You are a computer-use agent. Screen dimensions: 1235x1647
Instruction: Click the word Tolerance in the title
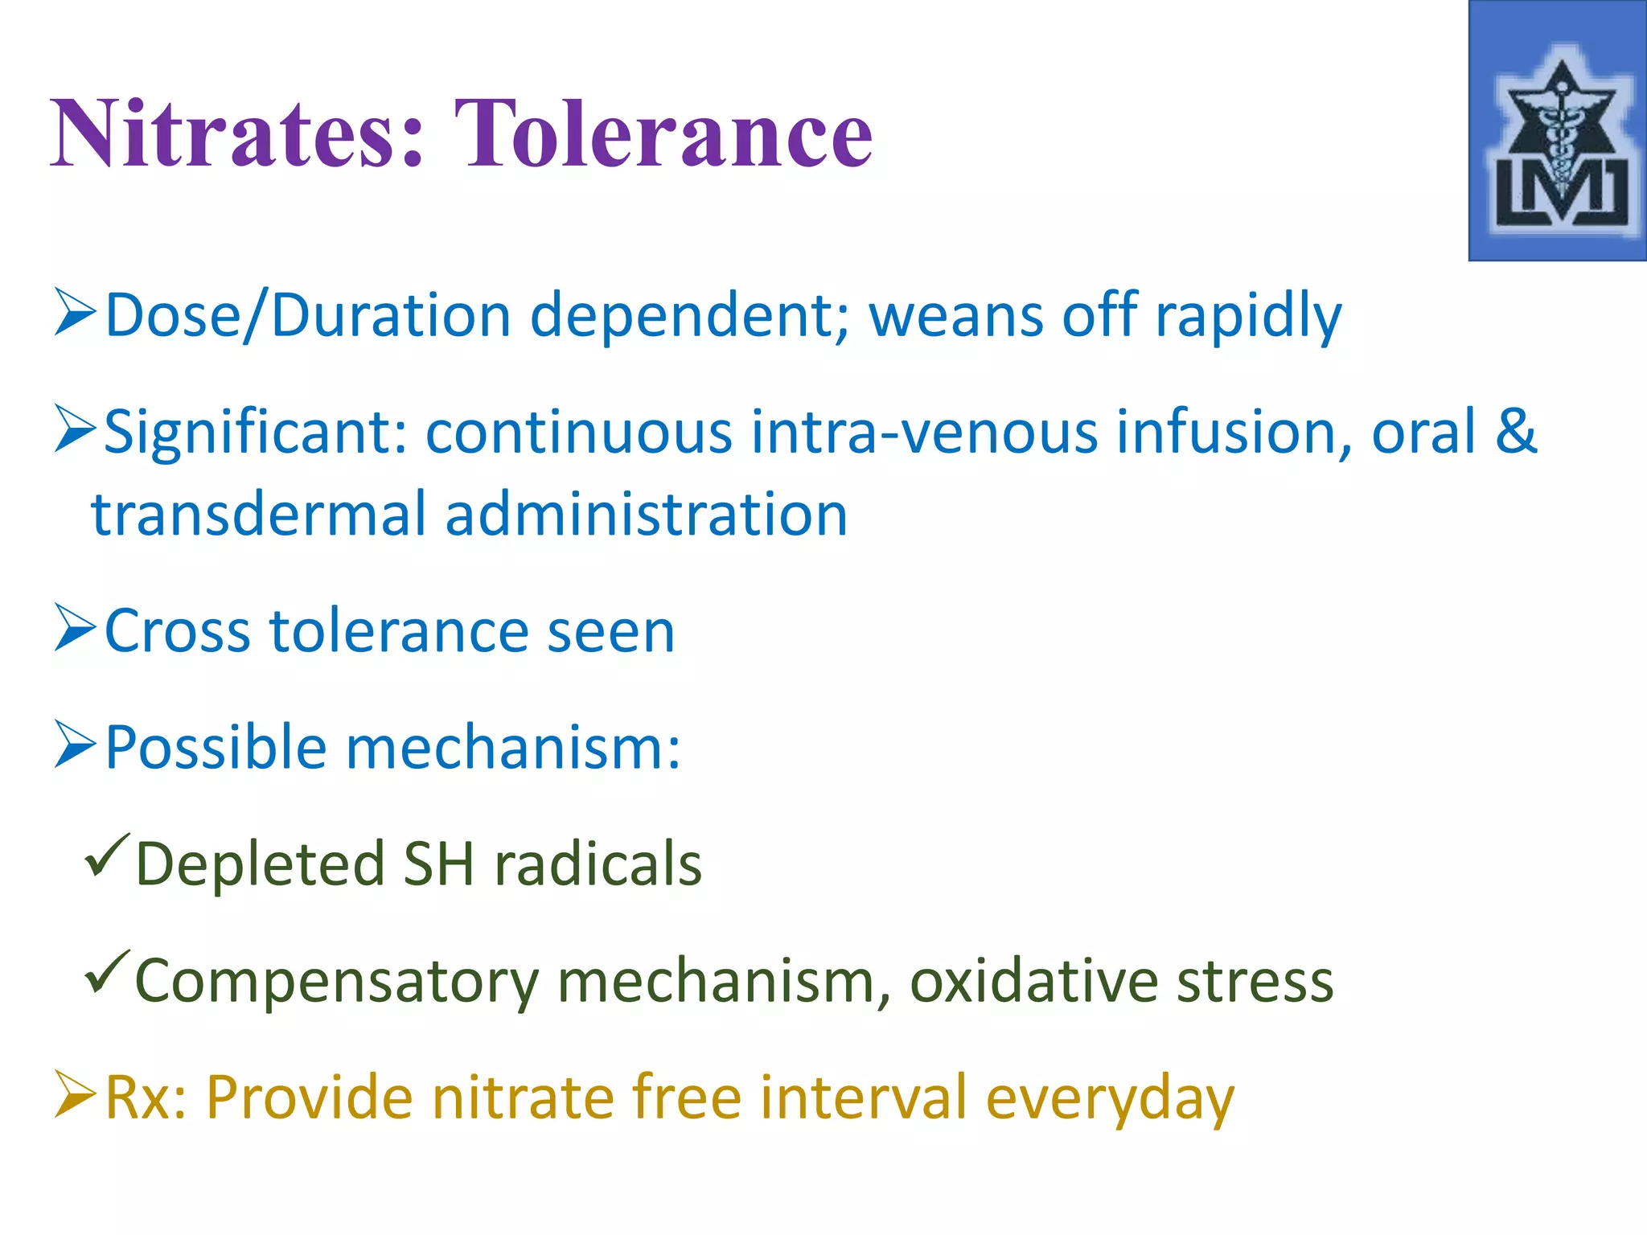663,133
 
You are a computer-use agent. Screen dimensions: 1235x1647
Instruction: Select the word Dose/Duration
308,316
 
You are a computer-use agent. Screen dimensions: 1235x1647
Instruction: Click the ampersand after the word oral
1516,431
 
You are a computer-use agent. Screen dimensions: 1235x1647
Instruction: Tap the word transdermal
258,515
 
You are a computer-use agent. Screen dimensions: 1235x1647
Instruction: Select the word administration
646,515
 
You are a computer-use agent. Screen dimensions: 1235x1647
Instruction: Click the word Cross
178,632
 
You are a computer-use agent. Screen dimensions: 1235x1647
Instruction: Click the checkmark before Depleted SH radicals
106,856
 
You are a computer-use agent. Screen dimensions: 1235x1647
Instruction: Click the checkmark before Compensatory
106,973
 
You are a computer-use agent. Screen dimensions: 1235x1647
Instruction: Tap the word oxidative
1033,981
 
